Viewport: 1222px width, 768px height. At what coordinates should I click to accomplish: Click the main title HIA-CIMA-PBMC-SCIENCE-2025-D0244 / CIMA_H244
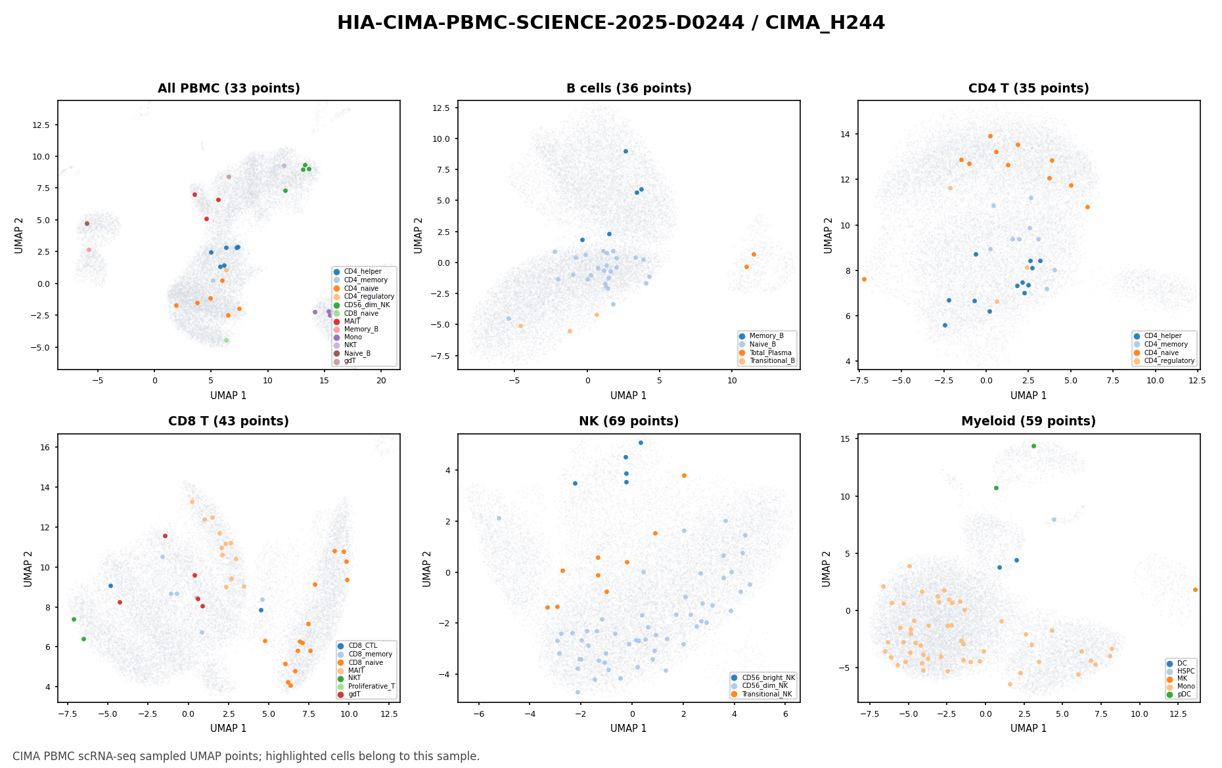[611, 23]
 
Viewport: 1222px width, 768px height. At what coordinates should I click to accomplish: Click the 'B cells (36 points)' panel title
[629, 89]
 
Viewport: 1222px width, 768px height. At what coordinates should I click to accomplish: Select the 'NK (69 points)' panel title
[629, 421]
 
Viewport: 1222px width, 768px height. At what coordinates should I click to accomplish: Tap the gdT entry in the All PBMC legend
[350, 361]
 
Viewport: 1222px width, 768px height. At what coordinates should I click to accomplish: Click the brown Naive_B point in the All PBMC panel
[87, 223]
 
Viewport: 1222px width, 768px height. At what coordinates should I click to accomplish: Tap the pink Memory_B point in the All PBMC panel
[89, 249]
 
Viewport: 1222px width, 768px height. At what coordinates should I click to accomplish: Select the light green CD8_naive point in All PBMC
[226, 340]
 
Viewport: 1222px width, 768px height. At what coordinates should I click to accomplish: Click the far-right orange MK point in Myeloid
[1195, 589]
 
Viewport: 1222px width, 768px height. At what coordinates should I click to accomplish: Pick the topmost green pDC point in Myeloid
[1033, 446]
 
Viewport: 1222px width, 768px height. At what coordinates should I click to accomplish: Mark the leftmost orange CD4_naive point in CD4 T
[864, 279]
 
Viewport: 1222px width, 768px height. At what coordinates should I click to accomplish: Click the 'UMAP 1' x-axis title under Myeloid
[1029, 728]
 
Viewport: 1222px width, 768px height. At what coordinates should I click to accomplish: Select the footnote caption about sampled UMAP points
[246, 756]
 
